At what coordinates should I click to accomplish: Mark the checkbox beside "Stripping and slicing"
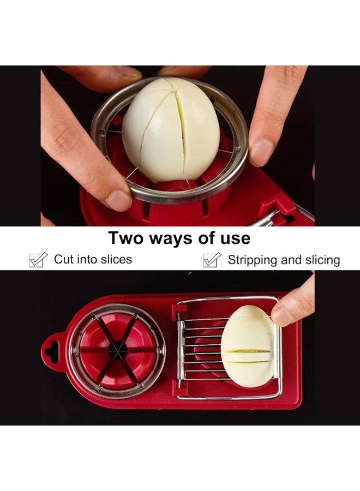coord(212,260)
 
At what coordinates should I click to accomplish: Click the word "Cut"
coord(63,260)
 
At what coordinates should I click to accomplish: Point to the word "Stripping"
coord(252,260)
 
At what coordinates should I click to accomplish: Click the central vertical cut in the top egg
coord(183,125)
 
